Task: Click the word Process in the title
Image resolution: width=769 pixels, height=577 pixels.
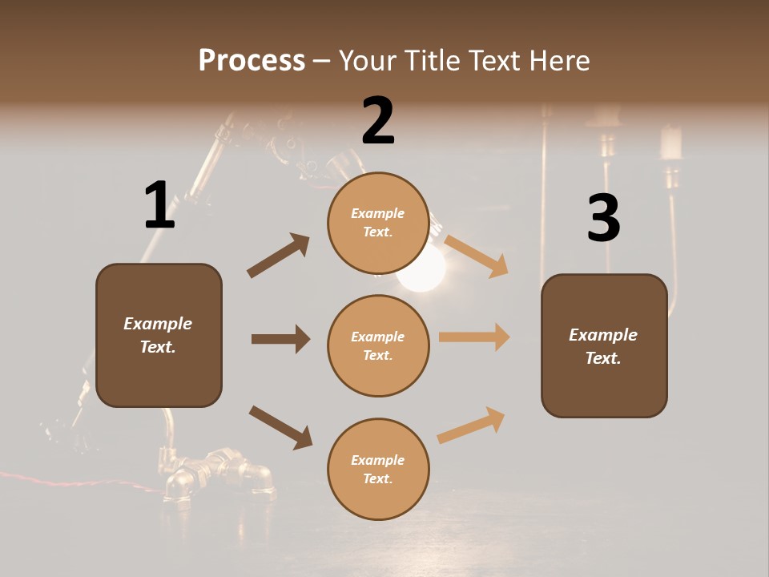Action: coord(252,60)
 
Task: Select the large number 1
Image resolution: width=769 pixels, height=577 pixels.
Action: coord(159,206)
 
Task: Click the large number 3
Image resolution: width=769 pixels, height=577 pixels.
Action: coord(603,219)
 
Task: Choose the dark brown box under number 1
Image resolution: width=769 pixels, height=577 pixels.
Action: coord(159,335)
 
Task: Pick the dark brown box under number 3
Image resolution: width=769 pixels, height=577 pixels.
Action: coord(604,345)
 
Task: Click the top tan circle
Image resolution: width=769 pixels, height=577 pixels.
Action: coord(378,223)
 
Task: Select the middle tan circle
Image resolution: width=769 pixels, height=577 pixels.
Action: coord(378,345)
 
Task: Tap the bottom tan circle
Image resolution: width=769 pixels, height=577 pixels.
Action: coord(378,469)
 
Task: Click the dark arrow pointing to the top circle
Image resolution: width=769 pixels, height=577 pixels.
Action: coord(279,256)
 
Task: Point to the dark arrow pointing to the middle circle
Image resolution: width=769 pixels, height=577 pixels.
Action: coord(280,339)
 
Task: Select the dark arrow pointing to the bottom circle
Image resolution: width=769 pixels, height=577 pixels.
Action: coord(280,427)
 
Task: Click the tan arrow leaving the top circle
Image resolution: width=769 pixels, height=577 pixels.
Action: coord(476,256)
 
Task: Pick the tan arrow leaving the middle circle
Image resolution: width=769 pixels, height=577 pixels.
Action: coord(474,337)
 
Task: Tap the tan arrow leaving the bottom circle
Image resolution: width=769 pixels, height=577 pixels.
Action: coord(471,425)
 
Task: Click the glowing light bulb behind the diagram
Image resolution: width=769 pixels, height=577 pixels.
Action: coord(422,268)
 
